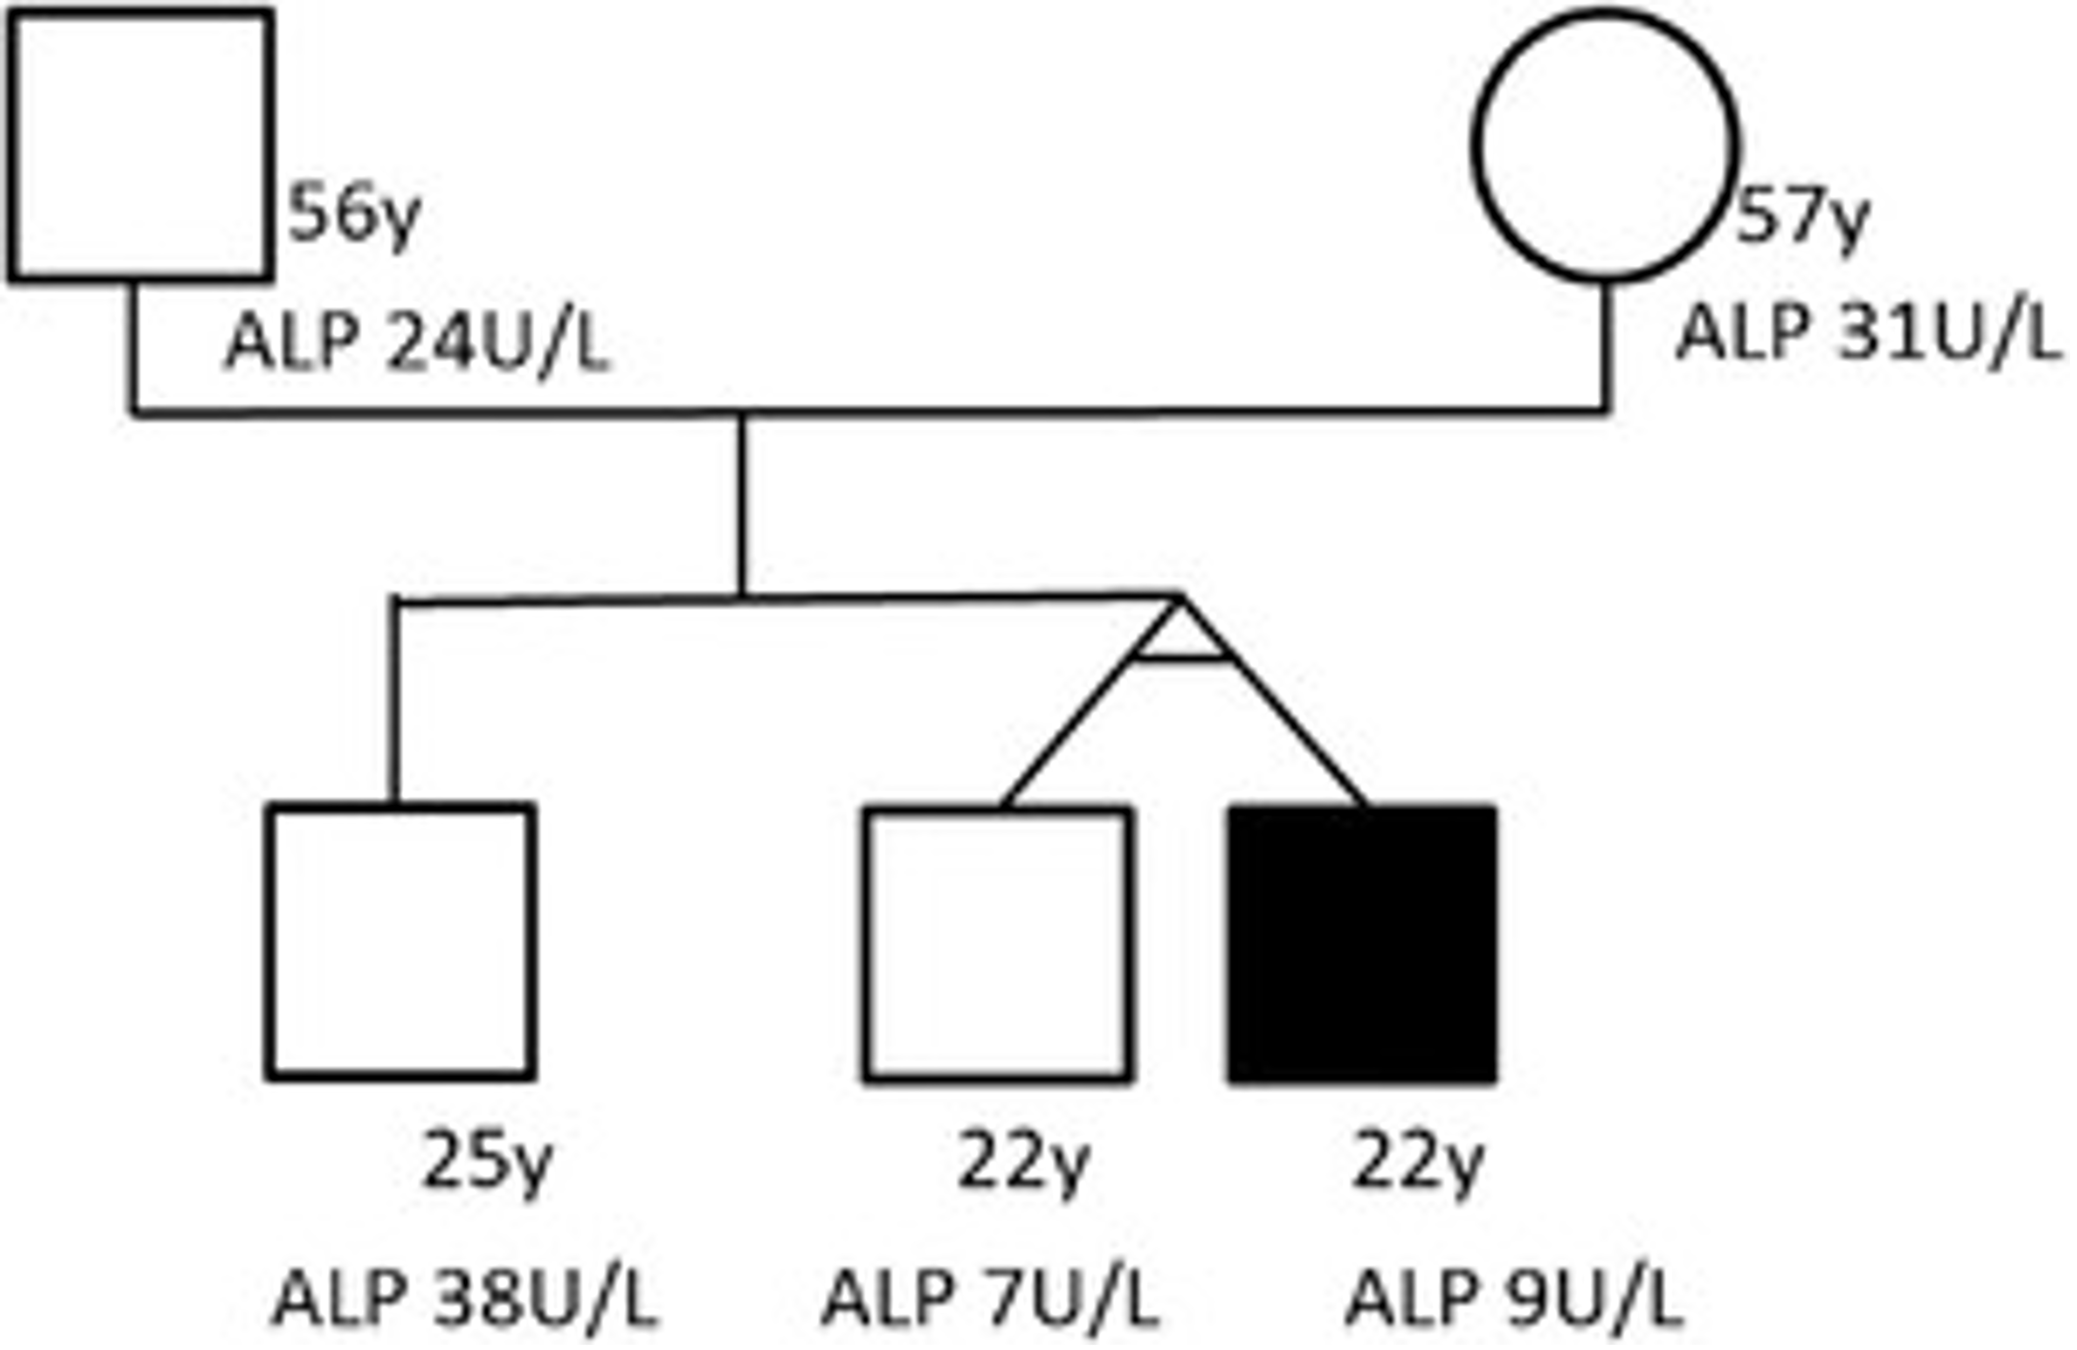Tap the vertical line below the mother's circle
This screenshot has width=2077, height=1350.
[x=1605, y=346]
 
